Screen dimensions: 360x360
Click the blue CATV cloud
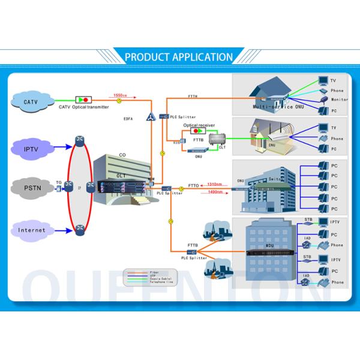click(31, 101)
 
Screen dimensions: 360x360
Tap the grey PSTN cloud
click(31, 188)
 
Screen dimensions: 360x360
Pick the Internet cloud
click(31, 230)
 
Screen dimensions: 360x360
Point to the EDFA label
click(128, 119)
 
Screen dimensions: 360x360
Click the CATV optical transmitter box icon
click(83, 98)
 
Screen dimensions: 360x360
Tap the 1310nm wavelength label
click(215, 184)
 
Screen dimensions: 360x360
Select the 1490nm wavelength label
click(215, 192)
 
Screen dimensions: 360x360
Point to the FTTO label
click(193, 186)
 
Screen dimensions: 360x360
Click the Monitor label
click(339, 100)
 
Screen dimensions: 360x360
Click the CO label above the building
click(122, 154)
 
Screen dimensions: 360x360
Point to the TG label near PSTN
click(58, 182)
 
